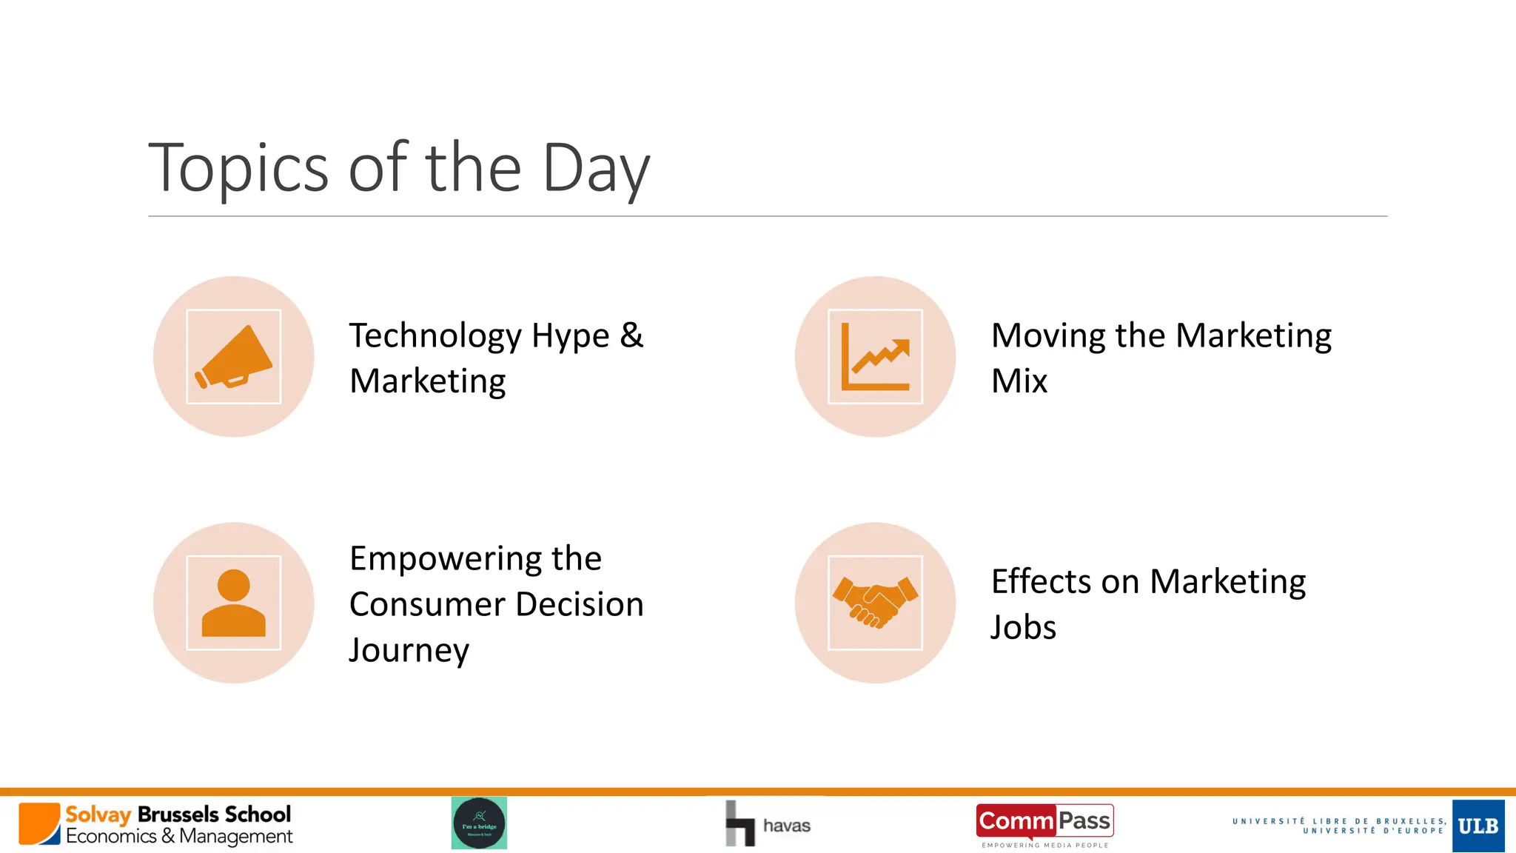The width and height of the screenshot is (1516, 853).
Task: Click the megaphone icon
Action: click(234, 357)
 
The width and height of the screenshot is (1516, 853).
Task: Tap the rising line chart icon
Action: click(876, 357)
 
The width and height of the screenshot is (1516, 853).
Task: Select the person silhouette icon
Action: click(234, 603)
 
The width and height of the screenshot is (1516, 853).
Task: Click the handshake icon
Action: click(876, 603)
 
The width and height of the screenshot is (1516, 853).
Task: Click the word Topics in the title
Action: click(238, 169)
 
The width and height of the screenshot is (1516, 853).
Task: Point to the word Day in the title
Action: click(596, 169)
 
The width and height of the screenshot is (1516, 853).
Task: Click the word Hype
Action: click(570, 336)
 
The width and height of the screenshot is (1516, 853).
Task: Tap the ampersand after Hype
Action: click(631, 335)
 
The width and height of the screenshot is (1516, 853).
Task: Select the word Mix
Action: click(1019, 381)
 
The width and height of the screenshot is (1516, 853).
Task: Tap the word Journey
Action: click(409, 650)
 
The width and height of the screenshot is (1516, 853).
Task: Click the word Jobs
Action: click(1023, 628)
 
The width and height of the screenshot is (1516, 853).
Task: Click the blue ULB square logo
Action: click(1478, 826)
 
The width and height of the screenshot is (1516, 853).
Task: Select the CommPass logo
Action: click(1044, 822)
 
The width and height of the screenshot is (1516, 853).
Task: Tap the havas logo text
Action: click(786, 826)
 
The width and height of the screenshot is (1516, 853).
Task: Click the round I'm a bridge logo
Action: click(479, 823)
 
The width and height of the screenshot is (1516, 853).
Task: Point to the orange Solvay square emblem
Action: click(39, 823)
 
